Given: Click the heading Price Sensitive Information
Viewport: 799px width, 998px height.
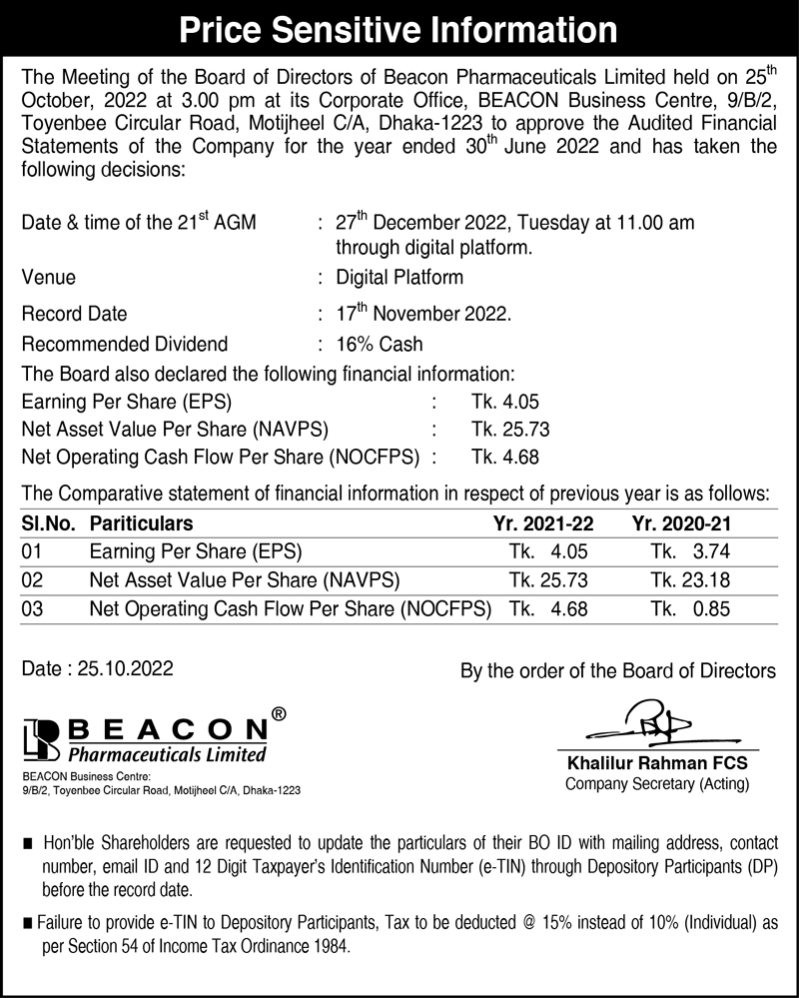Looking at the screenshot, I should pos(399,31).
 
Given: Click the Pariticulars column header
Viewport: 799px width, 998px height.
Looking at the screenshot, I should pos(141,523).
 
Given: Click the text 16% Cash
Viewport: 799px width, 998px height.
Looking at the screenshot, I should pos(380,345).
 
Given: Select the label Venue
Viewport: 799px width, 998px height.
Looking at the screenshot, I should pos(48,277).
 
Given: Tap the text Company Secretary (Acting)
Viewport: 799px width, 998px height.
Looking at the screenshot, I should pos(656,784).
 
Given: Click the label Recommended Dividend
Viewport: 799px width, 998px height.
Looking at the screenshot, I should pos(124,345).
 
